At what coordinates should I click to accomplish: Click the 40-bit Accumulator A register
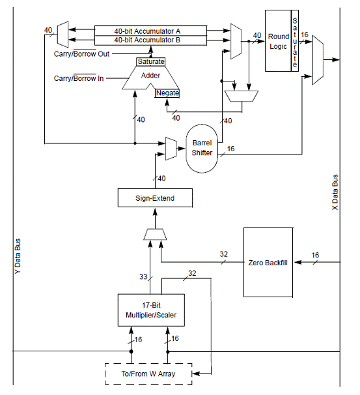pos(150,31)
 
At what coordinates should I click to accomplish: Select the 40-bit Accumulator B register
pos(150,40)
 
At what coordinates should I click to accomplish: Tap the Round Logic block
pos(278,41)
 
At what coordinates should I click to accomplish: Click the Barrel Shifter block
pos(202,149)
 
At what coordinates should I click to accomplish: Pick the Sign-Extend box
pos(155,198)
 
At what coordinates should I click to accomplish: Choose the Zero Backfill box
pos(268,263)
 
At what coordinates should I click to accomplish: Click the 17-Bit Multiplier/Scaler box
pos(151,310)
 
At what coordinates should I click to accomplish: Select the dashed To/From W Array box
pos(148,374)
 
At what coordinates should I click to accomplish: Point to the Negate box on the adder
pos(167,93)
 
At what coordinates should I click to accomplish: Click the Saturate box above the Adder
pos(150,62)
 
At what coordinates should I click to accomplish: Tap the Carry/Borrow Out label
pos(81,54)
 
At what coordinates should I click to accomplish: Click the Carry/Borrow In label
pos(79,78)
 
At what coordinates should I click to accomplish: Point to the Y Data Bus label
pos(18,256)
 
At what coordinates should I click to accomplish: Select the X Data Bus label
pos(335,192)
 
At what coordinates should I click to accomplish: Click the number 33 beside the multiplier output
pos(143,276)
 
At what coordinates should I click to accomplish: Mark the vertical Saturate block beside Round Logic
pos(295,41)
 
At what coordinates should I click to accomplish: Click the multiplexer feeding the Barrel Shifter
pos(171,149)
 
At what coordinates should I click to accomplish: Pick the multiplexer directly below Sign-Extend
pos(155,234)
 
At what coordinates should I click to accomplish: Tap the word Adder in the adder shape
pos(150,76)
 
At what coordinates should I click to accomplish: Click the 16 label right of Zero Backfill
pos(315,256)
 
